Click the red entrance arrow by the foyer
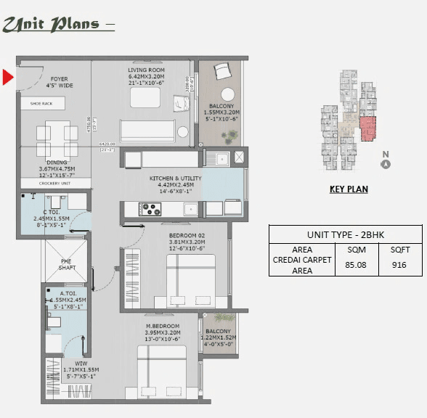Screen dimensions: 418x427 pos(8,76)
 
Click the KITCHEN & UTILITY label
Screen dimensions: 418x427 pos(176,178)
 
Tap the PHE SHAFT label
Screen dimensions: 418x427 pos(67,264)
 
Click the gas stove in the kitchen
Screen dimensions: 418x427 pos(151,209)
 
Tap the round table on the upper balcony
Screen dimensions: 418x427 pos(228,94)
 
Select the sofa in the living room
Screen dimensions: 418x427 pos(148,131)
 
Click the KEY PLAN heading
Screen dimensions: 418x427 pos(349,189)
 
